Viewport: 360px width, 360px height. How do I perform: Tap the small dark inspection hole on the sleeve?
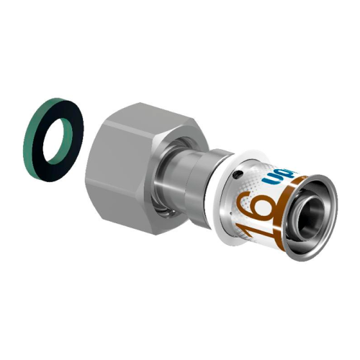(x=238, y=175)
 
